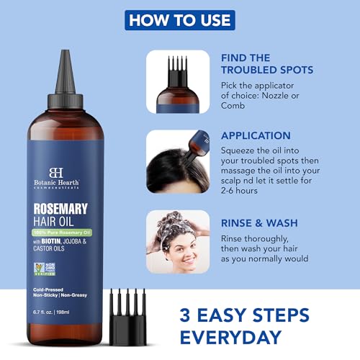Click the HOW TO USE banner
coord(179,19)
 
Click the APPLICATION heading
coord(256,135)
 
